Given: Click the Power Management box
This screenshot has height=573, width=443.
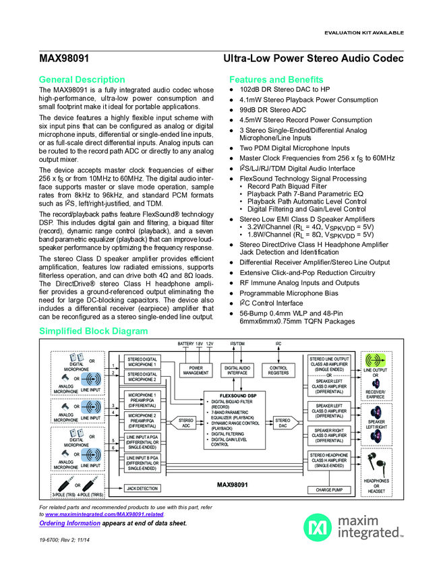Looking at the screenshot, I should click(x=196, y=369).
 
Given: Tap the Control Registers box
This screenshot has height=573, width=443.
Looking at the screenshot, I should click(x=278, y=369).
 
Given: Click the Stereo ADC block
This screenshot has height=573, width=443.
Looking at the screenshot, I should click(x=185, y=423).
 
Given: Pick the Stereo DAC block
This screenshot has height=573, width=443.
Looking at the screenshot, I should click(x=283, y=423).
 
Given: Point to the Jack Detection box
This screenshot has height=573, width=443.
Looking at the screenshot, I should click(x=142, y=488).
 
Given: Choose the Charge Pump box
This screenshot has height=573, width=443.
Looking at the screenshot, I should click(x=329, y=489).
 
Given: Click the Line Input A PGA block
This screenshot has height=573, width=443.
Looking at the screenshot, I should click(x=142, y=442).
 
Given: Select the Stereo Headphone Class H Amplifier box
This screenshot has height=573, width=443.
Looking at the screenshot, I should click(x=329, y=460).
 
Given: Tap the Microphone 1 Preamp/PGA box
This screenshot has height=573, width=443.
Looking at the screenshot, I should click(x=142, y=400).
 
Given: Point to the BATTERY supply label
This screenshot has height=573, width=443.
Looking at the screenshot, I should click(x=185, y=344).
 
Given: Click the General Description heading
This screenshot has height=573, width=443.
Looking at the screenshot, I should click(x=82, y=79).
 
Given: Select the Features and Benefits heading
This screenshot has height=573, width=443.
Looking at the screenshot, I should click(x=276, y=79).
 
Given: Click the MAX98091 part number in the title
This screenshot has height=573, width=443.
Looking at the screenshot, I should click(x=65, y=59).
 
